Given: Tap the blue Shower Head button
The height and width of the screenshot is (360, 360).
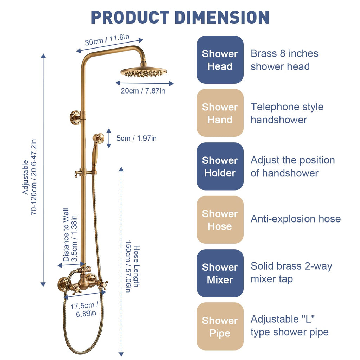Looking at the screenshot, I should point(220,60).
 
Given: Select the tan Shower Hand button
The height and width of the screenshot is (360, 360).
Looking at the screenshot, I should point(220,113).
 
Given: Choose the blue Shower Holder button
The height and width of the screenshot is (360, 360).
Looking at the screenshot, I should point(220,167).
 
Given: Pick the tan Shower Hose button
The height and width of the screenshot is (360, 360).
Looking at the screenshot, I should point(220,220).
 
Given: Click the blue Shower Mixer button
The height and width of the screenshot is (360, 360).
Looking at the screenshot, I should point(220,274).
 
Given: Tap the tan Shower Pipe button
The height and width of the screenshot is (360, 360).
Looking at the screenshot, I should point(220,327).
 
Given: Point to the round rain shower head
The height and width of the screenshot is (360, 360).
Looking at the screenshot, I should point(143,72).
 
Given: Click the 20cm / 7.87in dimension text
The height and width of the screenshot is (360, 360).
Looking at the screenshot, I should point(143,91).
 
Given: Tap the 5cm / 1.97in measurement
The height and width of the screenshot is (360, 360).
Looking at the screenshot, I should point(136,138).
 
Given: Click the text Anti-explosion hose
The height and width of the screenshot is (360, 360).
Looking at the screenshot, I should point(295,219).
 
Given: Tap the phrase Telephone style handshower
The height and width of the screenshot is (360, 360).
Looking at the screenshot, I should point(287,113).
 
